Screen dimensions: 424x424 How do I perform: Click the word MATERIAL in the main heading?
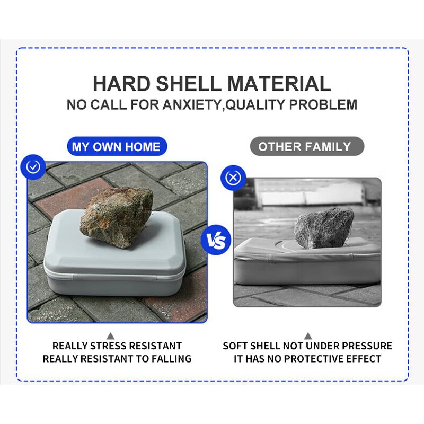(279, 84)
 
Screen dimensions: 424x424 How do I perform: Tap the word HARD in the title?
(122, 84)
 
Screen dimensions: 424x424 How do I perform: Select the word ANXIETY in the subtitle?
(192, 104)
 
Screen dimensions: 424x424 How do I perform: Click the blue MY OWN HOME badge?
(117, 146)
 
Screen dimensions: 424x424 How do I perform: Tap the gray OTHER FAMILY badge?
(307, 146)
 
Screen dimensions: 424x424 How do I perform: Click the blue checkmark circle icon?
(33, 167)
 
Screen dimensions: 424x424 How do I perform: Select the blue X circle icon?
(233, 178)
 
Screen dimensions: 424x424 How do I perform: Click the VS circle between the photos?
(216, 240)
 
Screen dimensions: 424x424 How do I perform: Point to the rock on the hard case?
(117, 217)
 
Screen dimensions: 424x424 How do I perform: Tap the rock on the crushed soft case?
(323, 228)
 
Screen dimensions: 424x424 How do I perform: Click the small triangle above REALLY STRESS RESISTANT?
(110, 336)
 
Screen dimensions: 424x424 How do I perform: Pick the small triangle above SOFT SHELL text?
(308, 336)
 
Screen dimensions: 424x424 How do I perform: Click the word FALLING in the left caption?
(171, 359)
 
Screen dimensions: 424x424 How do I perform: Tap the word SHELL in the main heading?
(189, 84)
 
